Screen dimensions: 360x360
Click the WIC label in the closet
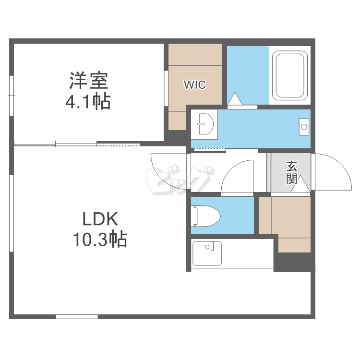195,85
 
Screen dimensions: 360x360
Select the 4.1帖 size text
88,102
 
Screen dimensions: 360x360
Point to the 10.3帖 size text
100,239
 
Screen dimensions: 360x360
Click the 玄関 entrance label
291,173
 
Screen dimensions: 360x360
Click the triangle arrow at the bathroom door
235,98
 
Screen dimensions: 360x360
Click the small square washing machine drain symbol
303,126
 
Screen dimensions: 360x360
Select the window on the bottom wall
77,316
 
